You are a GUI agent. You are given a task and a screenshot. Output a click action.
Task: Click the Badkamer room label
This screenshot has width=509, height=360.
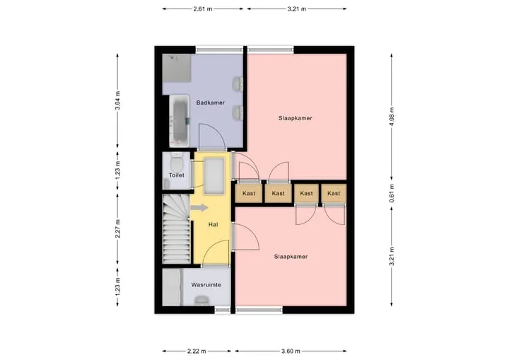pos(211,103)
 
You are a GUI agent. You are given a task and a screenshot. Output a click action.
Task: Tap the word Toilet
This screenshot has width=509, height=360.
pos(176,175)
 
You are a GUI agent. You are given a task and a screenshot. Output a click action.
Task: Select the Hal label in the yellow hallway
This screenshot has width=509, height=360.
pos(213,224)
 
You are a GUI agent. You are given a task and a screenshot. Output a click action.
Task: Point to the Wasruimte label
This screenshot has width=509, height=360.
pos(206,285)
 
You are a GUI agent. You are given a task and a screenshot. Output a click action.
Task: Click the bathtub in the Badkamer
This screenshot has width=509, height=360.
pos(179,121)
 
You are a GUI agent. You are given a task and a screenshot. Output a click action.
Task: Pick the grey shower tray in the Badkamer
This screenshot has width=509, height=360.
pos(176,68)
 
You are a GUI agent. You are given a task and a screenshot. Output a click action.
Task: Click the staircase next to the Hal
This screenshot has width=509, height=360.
pos(176,228)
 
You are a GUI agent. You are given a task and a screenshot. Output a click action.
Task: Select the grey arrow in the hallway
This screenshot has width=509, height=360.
pos(199,208)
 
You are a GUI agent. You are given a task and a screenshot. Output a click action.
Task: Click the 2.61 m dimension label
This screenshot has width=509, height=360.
pos(203,9)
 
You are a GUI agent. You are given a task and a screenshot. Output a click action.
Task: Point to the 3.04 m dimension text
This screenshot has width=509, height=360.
pos(117,100)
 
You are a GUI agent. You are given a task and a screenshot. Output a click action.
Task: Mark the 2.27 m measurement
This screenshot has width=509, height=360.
pos(117,228)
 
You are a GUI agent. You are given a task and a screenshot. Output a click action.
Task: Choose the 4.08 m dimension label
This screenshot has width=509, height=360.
pos(392,116)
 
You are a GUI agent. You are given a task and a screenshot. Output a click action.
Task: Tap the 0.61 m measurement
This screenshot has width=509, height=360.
pos(392,193)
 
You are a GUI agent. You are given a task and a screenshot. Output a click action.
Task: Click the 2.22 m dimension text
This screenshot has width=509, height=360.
pos(197,352)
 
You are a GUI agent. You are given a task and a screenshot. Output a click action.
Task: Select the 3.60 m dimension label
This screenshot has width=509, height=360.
pos(291,352)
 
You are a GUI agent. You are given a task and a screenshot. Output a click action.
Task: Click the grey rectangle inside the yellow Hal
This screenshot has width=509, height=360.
pos(214,176)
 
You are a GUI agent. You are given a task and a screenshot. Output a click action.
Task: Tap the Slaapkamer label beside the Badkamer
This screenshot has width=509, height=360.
pos(295,118)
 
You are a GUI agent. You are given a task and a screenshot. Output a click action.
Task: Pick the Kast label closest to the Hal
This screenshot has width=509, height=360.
pos(249,193)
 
